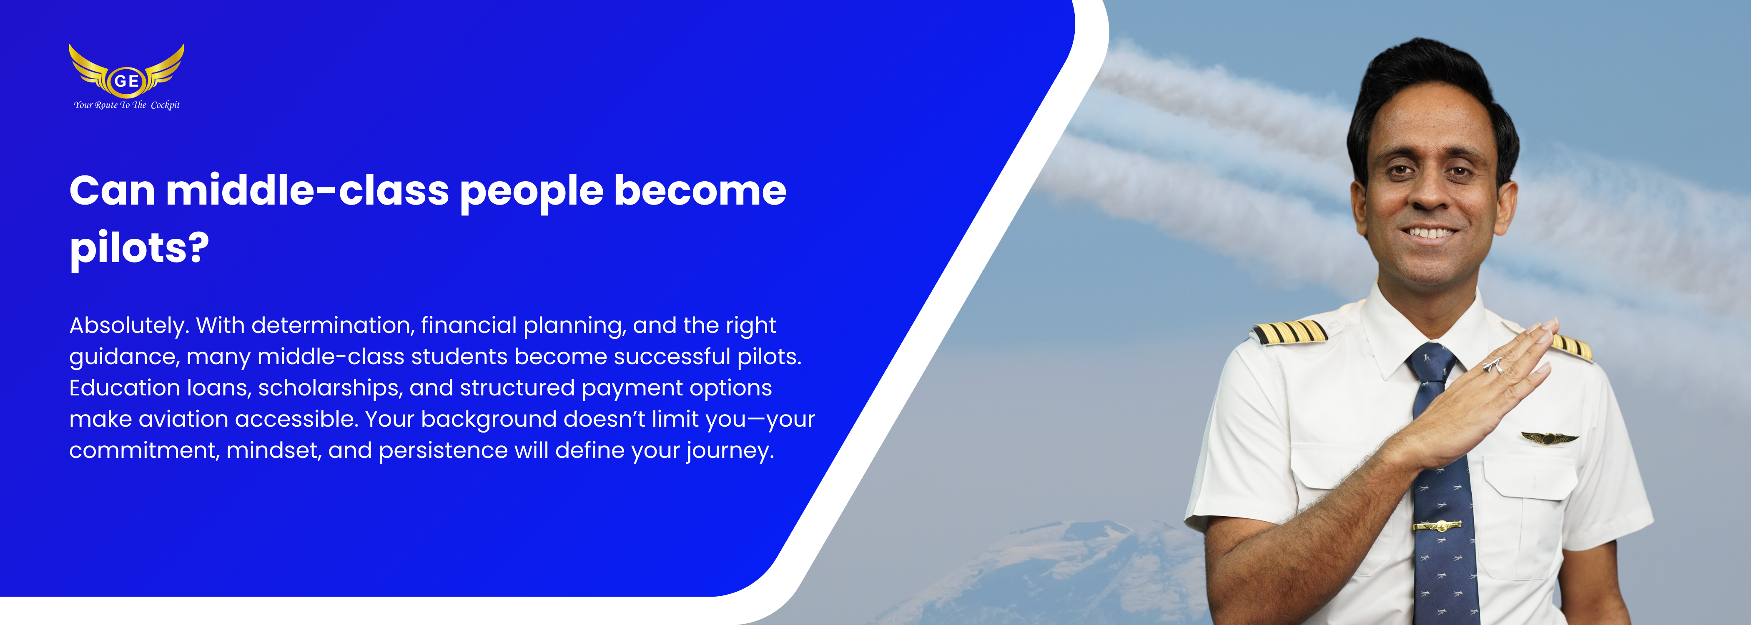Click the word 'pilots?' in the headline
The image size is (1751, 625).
click(139, 249)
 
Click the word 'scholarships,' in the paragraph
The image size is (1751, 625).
click(330, 389)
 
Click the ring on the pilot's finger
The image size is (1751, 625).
click(1493, 365)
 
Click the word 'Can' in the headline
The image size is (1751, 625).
click(112, 190)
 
